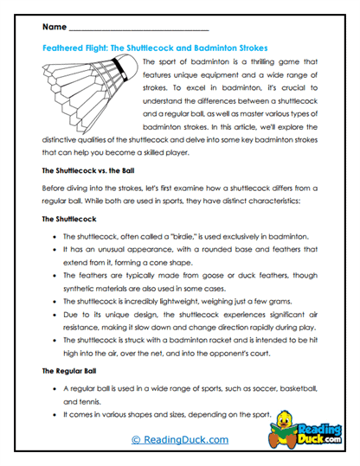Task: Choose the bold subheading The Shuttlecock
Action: coord(71,220)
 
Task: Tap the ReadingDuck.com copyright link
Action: coord(179,441)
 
